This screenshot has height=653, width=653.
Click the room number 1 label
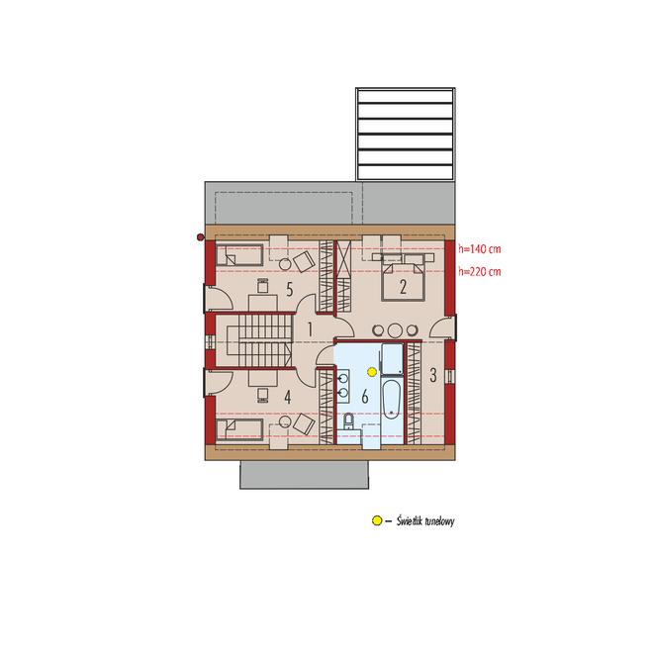tap(310, 329)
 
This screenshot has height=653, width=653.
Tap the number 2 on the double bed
tap(403, 287)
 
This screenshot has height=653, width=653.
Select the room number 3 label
tap(433, 375)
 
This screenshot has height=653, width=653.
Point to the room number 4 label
tap(287, 398)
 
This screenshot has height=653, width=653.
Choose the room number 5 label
tap(290, 290)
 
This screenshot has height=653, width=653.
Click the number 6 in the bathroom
tap(365, 398)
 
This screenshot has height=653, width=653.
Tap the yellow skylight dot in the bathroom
tap(372, 371)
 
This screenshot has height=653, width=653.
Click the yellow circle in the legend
tap(377, 520)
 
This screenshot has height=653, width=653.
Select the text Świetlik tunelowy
tap(425, 521)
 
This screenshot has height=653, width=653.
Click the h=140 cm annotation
tap(479, 249)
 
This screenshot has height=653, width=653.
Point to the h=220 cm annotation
tap(479, 272)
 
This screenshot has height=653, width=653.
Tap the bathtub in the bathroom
tap(391, 399)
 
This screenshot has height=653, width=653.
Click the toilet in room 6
tap(348, 421)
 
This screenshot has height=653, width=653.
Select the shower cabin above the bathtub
tap(392, 359)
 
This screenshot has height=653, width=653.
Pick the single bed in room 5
tap(239, 255)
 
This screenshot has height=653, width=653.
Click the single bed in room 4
tap(239, 429)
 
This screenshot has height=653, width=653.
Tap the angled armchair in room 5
tap(304, 260)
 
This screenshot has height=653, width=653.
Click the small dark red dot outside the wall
tap(200, 237)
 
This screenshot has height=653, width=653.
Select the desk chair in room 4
tap(263, 396)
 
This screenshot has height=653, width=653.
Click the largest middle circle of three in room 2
tap(395, 330)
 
